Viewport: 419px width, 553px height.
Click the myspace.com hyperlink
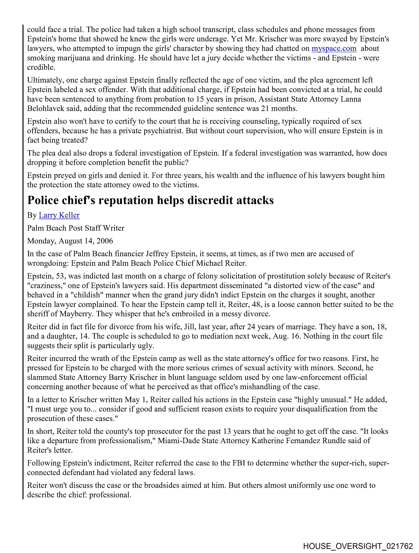pos(334,48)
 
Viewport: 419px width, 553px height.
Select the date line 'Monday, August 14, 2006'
pos(70,241)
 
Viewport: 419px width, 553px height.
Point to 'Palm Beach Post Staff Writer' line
pos(76,228)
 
